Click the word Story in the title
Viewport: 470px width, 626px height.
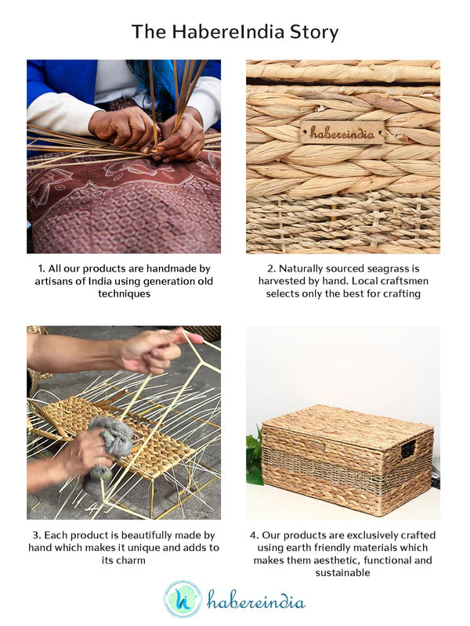click(312, 32)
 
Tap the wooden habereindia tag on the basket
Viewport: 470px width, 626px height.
click(342, 132)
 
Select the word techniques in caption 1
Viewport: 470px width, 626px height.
click(124, 293)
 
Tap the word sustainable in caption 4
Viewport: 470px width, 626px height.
click(342, 573)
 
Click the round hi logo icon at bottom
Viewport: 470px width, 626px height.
click(183, 599)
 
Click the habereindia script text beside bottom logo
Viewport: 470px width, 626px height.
click(256, 601)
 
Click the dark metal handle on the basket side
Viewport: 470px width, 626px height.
click(407, 449)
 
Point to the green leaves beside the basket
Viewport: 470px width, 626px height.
click(254, 455)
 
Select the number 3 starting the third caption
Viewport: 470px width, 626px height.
click(37, 535)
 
